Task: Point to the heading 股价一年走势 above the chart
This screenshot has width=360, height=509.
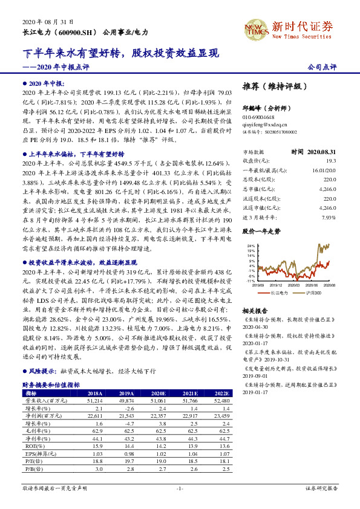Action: [x=261, y=232]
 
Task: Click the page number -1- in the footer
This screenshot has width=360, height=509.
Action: [x=180, y=488]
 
